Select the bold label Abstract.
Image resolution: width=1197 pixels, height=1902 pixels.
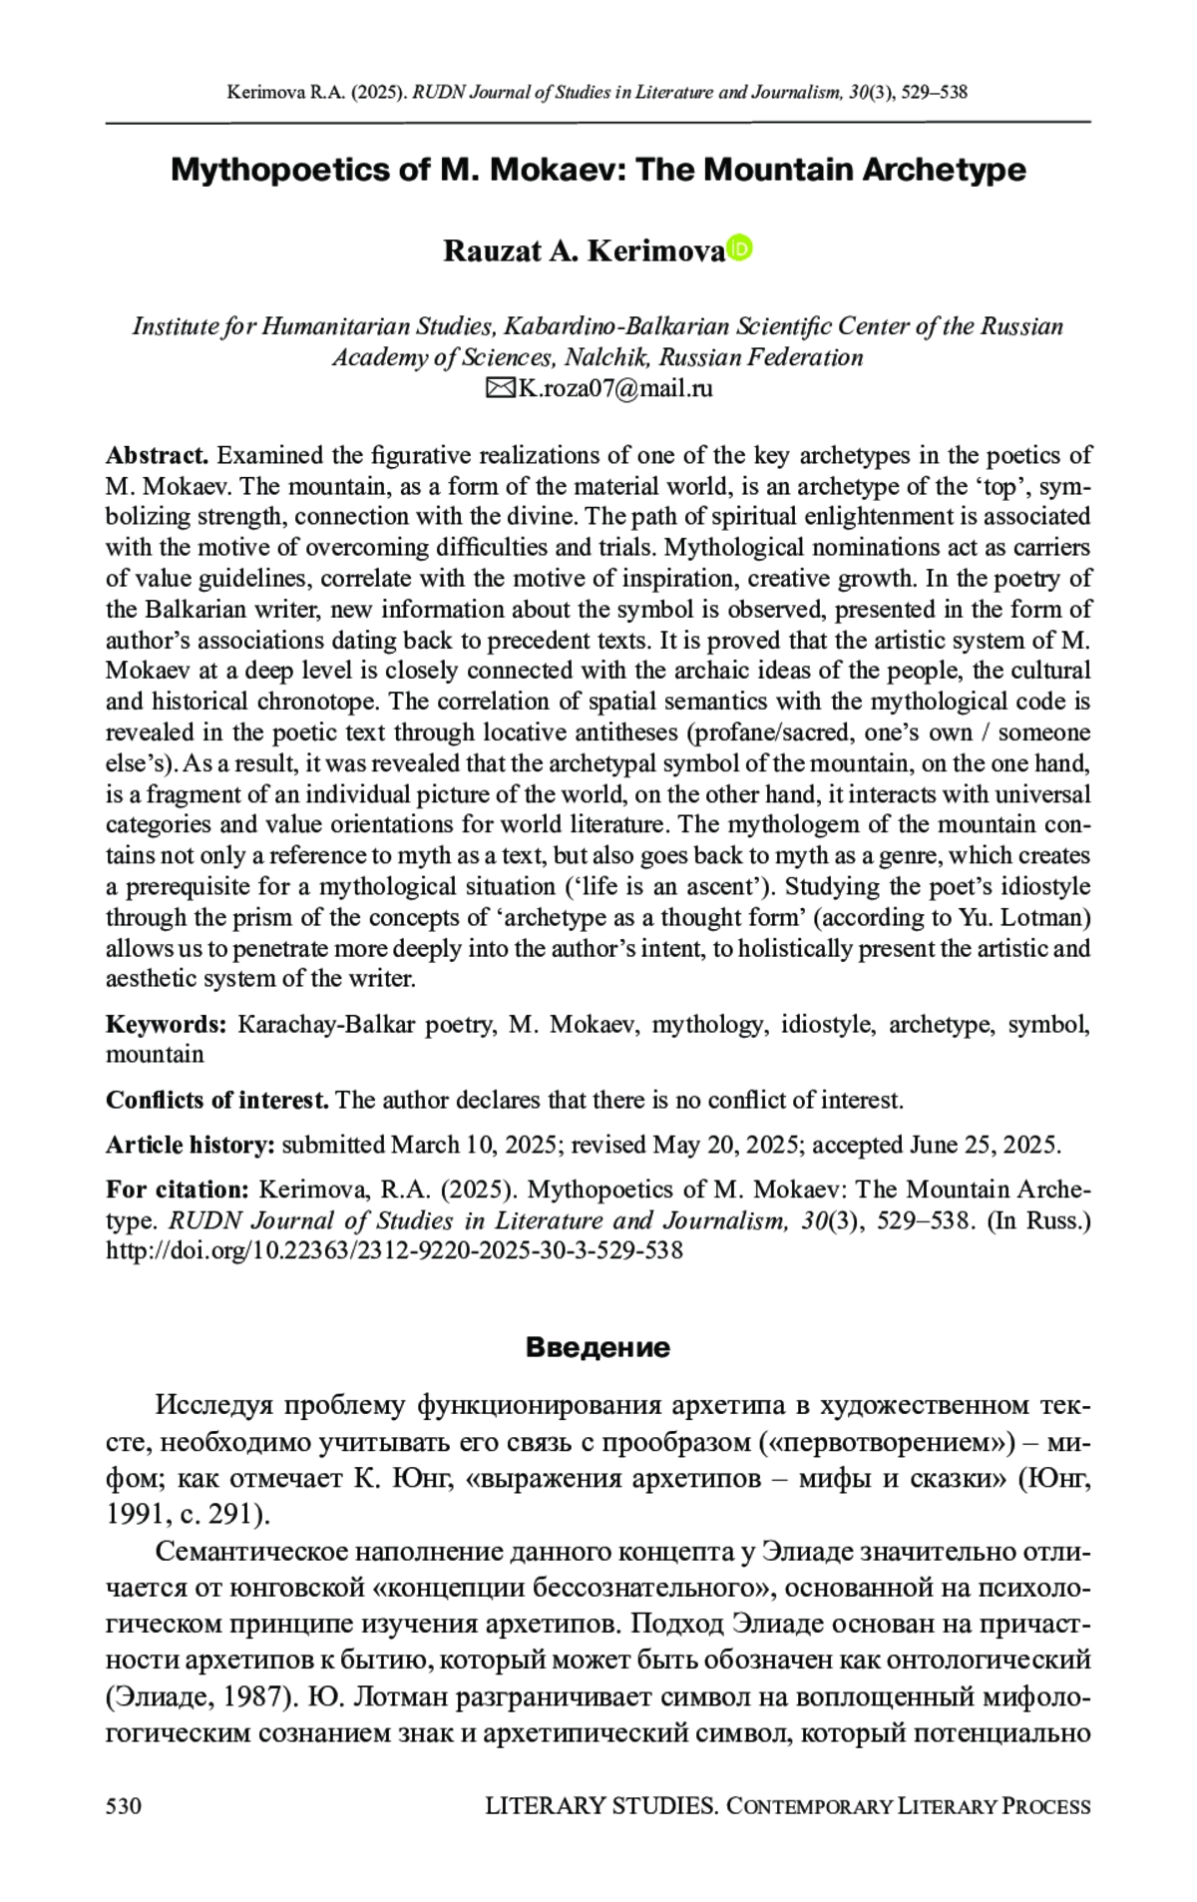157,456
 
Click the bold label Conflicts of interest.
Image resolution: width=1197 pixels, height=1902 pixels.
217,1100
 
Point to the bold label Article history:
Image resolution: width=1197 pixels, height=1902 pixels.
190,1145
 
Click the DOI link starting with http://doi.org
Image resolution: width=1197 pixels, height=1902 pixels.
394,1249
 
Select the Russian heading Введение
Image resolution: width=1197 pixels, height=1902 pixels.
598,1348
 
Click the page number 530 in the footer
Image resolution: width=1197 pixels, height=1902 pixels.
124,1805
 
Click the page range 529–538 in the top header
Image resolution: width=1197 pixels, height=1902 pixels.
934,93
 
